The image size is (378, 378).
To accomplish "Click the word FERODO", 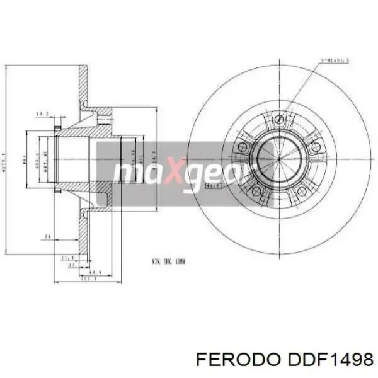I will (x=236, y=358).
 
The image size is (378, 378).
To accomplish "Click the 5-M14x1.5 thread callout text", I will (x=335, y=60).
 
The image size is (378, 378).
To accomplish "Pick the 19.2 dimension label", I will (x=42, y=114).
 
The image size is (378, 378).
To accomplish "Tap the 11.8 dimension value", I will (x=66, y=258).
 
